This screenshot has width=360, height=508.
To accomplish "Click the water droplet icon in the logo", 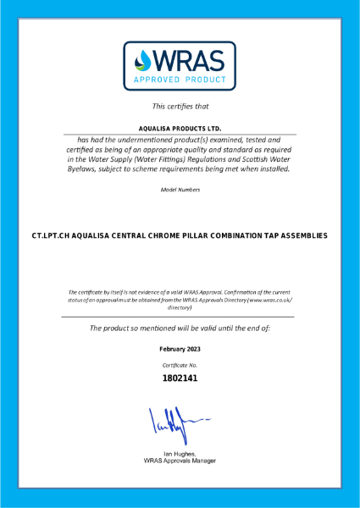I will pyautogui.click(x=144, y=61).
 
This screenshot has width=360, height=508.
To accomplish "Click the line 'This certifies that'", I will pyautogui.click(x=180, y=106).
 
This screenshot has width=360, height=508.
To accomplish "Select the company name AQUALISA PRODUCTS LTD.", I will pyautogui.click(x=180, y=128).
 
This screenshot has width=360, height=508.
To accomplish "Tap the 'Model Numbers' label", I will pyautogui.click(x=180, y=190).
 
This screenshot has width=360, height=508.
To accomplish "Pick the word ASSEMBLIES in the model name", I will pyautogui.click(x=301, y=235).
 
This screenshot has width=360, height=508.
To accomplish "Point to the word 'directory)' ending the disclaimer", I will pyautogui.click(x=180, y=308).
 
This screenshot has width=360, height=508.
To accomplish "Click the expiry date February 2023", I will pyautogui.click(x=180, y=349).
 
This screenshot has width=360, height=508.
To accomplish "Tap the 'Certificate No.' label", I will pyautogui.click(x=180, y=364).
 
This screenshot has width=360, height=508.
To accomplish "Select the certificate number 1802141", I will pyautogui.click(x=180, y=378).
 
